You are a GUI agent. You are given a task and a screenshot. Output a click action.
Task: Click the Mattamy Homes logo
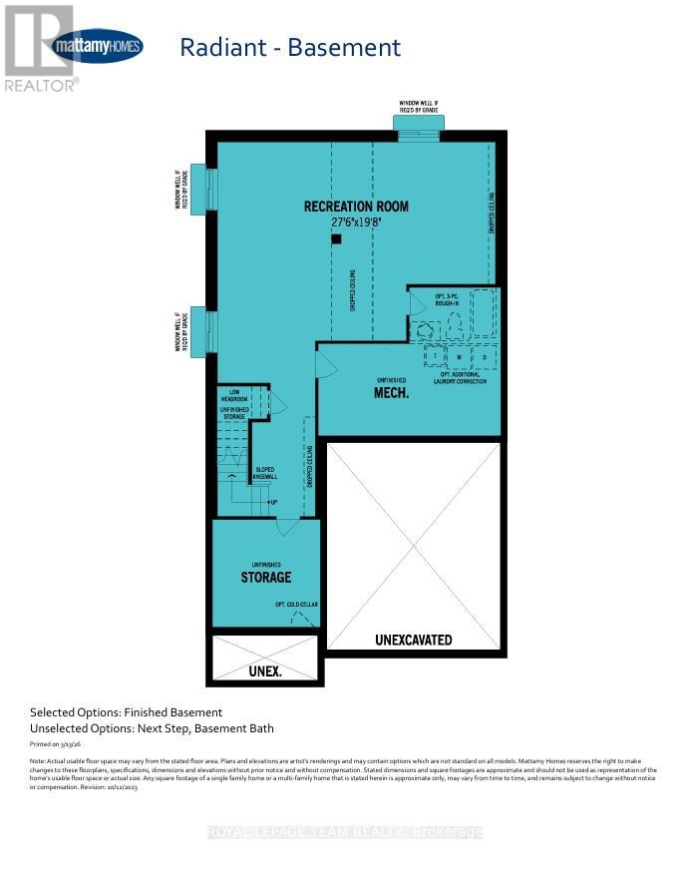pyautogui.click(x=97, y=46)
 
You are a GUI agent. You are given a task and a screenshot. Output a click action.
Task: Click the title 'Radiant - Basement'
pyautogui.click(x=289, y=47)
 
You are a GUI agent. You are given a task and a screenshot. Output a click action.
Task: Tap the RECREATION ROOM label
pyautogui.click(x=356, y=207)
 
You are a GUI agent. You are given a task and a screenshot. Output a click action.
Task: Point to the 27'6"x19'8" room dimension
pyautogui.click(x=356, y=224)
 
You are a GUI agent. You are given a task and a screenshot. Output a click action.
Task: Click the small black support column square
pyautogui.click(x=337, y=239)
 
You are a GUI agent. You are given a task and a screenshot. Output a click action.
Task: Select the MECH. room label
pyautogui.click(x=392, y=392)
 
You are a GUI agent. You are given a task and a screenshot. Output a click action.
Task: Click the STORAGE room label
pyautogui.click(x=265, y=577)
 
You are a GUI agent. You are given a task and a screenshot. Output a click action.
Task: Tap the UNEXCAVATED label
pyautogui.click(x=413, y=640)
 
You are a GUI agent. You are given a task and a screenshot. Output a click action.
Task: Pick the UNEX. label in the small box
pyautogui.click(x=264, y=671)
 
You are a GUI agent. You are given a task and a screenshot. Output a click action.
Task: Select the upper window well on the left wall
pyautogui.click(x=199, y=188)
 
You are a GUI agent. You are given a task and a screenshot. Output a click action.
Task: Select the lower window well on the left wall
pyautogui.click(x=199, y=330)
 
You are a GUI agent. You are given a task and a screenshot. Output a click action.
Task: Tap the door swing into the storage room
pyautogui.click(x=287, y=526)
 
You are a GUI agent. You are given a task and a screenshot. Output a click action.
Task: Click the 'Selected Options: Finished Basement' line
pyautogui.click(x=126, y=712)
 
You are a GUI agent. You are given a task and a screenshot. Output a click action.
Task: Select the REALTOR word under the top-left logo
pyautogui.click(x=40, y=86)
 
